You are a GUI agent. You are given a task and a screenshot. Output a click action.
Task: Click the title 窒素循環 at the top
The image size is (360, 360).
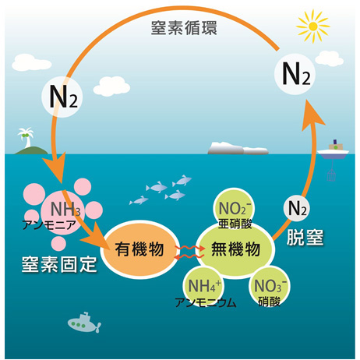[x=184, y=28]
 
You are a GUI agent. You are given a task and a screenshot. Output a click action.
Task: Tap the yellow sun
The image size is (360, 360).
[x=313, y=26]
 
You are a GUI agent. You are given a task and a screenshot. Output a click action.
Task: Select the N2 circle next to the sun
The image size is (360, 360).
[x=295, y=74]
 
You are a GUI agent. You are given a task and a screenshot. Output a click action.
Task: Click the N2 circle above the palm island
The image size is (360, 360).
[x=62, y=97]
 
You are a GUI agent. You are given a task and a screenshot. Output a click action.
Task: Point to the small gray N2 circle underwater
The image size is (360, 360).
[x=296, y=208]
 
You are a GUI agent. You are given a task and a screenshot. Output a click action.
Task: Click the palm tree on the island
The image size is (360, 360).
[x=26, y=137]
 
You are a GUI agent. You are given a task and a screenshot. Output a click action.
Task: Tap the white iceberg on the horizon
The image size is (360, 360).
[x=238, y=148]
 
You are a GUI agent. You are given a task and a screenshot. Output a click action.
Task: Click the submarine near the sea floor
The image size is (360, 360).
[x=84, y=323]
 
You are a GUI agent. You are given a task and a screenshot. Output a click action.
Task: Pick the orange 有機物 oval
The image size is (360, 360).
[x=139, y=249]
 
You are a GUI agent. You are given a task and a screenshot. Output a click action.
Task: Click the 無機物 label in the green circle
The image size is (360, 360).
[x=235, y=249]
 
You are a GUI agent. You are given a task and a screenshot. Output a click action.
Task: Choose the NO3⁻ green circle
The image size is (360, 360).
[x=270, y=286]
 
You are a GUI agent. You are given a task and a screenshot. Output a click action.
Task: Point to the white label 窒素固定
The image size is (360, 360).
[x=59, y=265]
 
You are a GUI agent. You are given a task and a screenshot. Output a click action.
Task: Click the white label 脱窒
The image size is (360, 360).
[x=305, y=237]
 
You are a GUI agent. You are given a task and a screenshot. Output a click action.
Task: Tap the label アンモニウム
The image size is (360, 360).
[x=206, y=302]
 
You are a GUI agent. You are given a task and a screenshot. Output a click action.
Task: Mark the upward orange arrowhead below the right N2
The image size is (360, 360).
[x=313, y=114]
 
